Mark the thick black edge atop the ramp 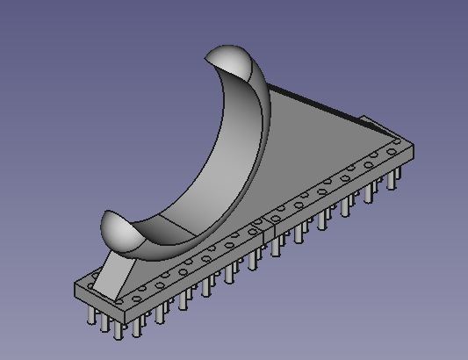coord(316,101)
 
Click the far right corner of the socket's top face coord(414,143)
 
